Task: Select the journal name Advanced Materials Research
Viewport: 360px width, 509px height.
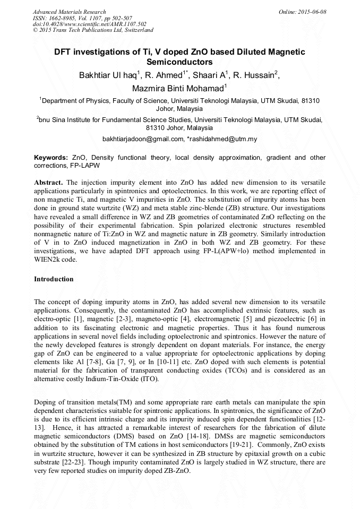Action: [69, 12]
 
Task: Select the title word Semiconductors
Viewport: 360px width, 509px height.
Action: [179, 62]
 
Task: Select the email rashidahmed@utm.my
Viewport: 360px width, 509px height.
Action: [222, 139]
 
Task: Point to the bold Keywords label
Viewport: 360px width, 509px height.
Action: [51, 158]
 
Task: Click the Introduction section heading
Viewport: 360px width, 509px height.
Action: [54, 279]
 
